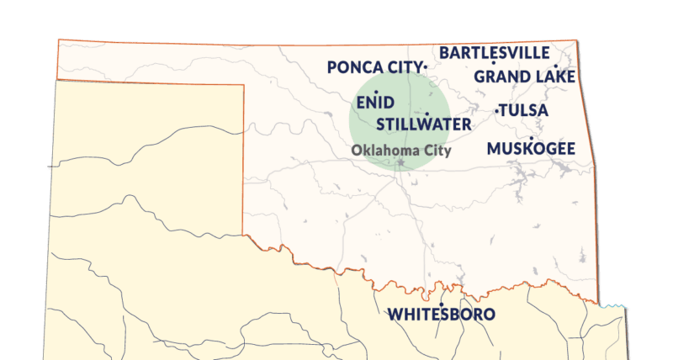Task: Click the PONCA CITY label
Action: click(x=374, y=67)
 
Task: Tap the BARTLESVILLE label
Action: click(x=494, y=52)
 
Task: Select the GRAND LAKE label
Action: click(x=525, y=77)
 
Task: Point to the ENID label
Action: click(x=375, y=102)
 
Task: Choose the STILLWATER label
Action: click(x=424, y=124)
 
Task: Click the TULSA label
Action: click(x=524, y=110)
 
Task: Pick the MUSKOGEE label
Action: click(x=531, y=149)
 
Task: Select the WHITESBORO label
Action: click(x=441, y=315)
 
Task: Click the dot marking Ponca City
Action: click(x=427, y=66)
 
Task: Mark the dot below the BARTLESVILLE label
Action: click(x=494, y=63)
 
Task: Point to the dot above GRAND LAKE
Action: click(x=556, y=66)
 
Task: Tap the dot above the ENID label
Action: click(x=376, y=91)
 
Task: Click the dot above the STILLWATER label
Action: click(x=427, y=114)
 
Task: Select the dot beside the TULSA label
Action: click(x=496, y=110)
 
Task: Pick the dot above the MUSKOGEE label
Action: click(x=531, y=138)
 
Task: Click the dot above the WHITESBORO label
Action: click(x=441, y=304)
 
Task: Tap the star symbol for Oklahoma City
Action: click(x=401, y=161)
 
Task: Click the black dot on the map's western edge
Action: click(x=48, y=167)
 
